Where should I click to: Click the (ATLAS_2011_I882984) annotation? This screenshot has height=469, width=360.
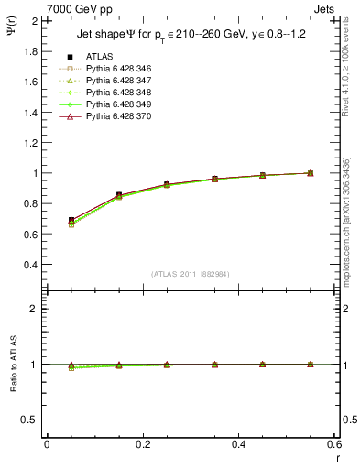[191, 275]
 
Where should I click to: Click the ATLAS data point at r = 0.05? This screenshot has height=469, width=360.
[71, 220]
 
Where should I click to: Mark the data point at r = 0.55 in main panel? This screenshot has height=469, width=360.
[311, 173]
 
